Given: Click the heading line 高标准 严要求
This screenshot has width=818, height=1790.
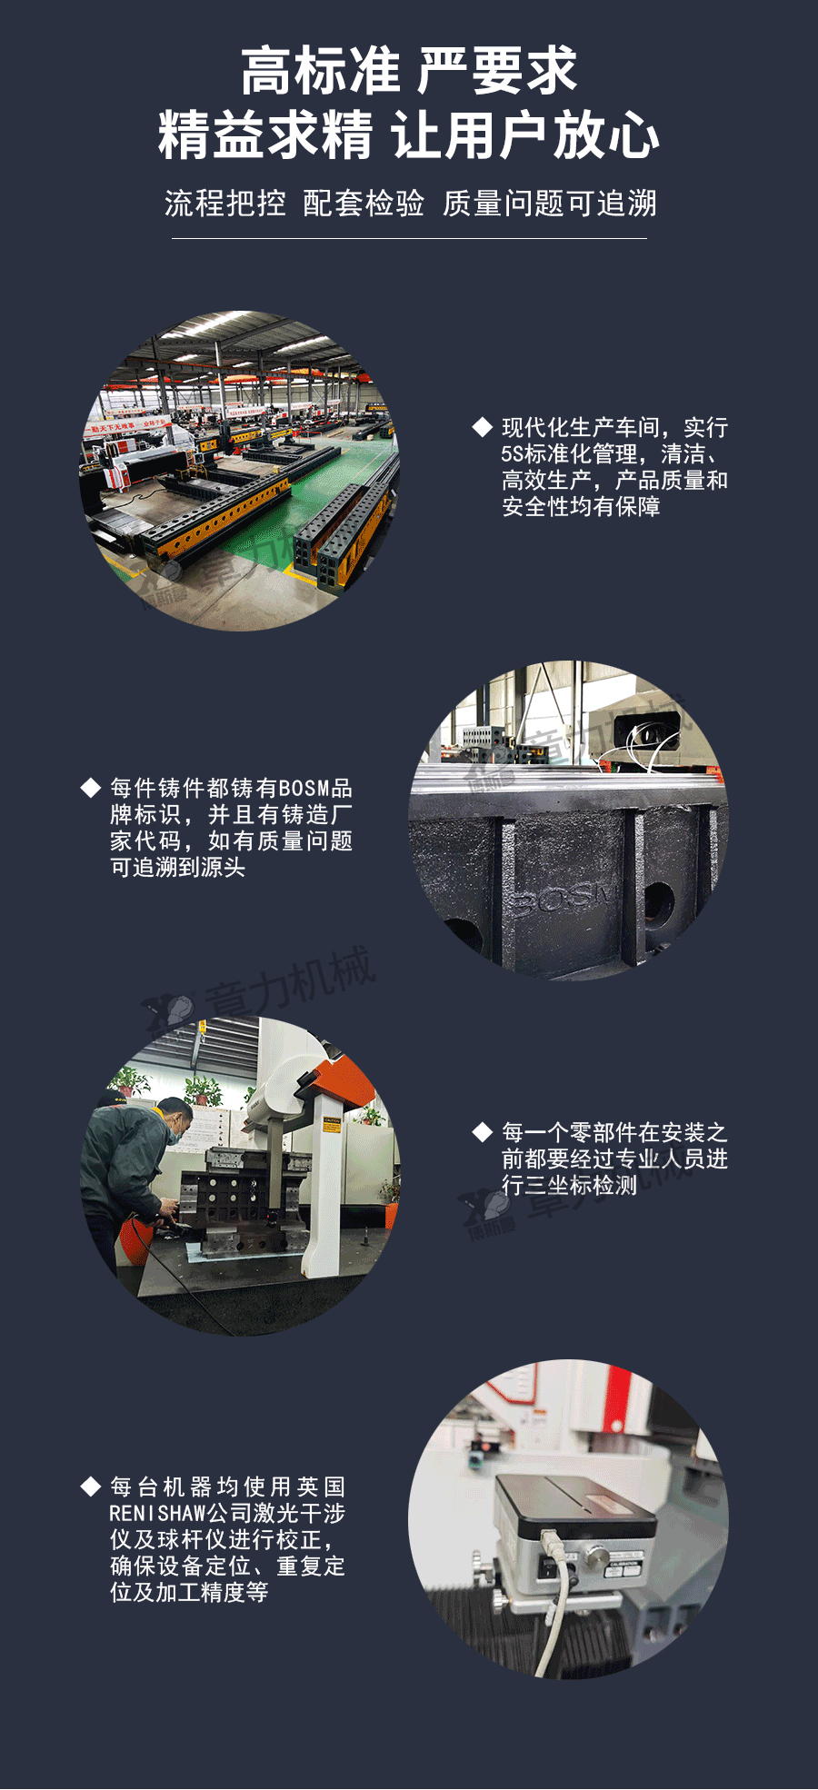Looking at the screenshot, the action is pos(409,71).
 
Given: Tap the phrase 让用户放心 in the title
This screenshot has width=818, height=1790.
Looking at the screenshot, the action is pos(526,135).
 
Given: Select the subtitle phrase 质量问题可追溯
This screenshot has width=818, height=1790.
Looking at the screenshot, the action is pos(550,204).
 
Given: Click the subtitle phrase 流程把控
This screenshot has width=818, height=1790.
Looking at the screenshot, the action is pos(224,204).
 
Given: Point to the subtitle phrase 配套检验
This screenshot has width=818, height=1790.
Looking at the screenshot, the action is pos(364,204).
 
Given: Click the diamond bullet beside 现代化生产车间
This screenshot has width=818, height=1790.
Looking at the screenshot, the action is pos(483,427).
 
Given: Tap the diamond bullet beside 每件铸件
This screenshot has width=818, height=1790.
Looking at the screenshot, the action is pos(90,788).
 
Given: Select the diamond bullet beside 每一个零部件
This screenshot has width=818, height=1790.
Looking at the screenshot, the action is pos(483,1132).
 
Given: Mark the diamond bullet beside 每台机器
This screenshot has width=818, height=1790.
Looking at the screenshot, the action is pos(90,1487).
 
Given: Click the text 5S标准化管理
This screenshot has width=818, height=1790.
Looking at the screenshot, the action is pos(569,453).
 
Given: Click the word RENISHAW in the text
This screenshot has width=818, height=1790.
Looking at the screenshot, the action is pos(158,1513).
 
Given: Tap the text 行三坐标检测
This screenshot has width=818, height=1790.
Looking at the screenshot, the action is pos(569,1185).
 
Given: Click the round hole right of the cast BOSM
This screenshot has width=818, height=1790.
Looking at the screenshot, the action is pos(658,903).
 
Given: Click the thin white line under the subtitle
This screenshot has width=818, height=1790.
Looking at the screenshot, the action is pos(409,238).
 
